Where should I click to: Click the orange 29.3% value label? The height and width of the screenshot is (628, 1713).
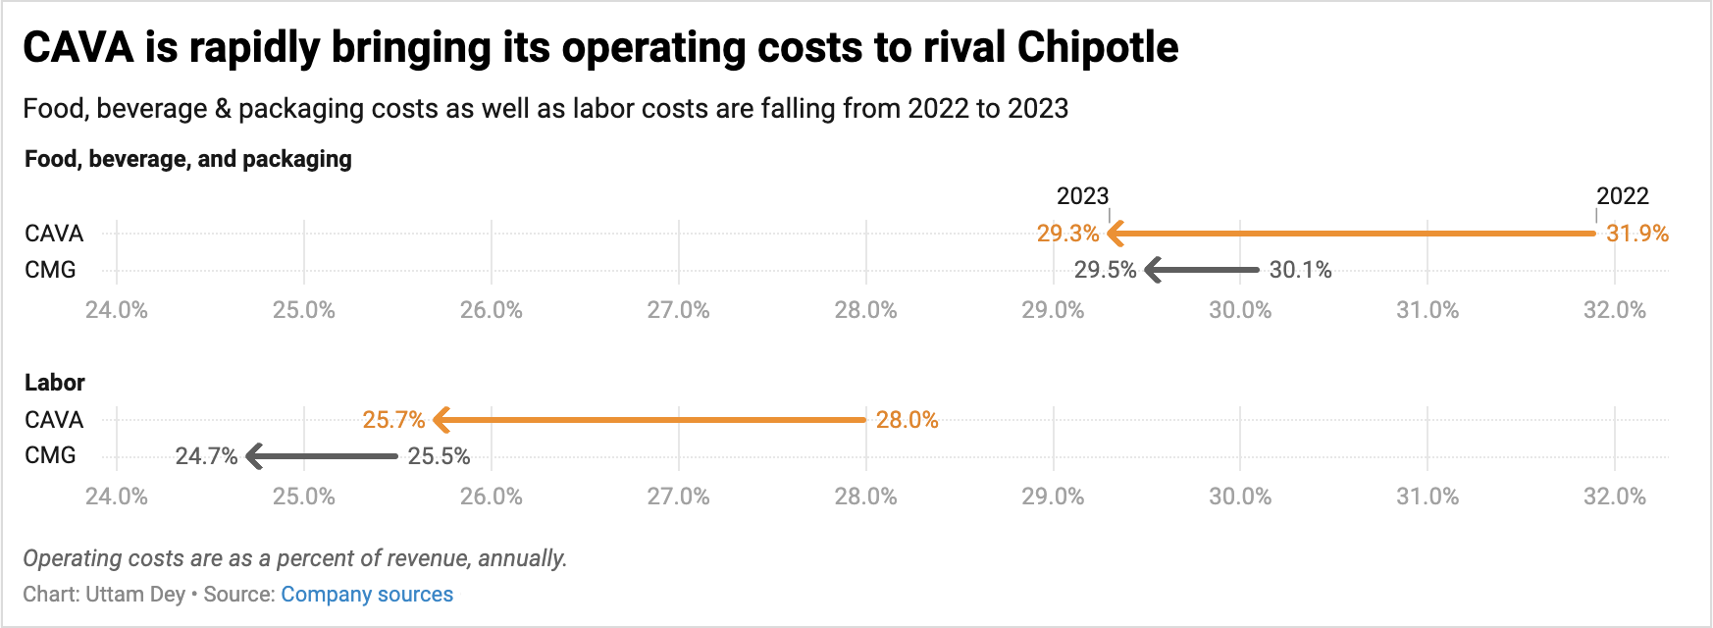click(x=1067, y=234)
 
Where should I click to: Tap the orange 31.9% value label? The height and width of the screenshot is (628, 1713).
click(x=1636, y=234)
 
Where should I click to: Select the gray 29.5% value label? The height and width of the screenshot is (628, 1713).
click(x=1105, y=270)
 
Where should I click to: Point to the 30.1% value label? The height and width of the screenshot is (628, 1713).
click(x=1300, y=270)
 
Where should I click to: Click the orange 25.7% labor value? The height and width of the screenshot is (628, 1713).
click(x=393, y=420)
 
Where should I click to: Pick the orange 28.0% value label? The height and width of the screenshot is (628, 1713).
click(x=907, y=420)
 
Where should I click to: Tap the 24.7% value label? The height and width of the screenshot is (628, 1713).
click(x=206, y=456)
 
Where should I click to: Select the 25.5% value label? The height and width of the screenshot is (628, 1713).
click(x=439, y=456)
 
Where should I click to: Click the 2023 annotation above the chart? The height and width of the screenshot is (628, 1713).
click(x=1082, y=196)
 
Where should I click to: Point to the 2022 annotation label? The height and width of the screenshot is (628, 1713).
click(x=1622, y=196)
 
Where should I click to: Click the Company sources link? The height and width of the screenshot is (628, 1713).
click(x=367, y=595)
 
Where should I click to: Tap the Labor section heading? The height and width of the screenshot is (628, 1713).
click(x=55, y=383)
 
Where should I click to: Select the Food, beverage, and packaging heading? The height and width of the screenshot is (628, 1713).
click(x=188, y=159)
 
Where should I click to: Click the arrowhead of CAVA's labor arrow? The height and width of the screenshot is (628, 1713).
click(x=441, y=420)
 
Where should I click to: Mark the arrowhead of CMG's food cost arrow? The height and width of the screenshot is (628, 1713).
click(x=1153, y=270)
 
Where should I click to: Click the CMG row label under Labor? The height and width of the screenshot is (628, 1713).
click(x=50, y=455)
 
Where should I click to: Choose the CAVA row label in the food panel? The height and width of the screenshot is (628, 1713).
click(x=54, y=234)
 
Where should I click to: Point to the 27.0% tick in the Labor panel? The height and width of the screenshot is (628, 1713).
click(x=678, y=497)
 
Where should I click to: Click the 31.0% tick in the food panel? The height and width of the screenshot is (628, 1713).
click(x=1427, y=310)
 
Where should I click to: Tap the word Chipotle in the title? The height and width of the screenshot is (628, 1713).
click(x=1097, y=47)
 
